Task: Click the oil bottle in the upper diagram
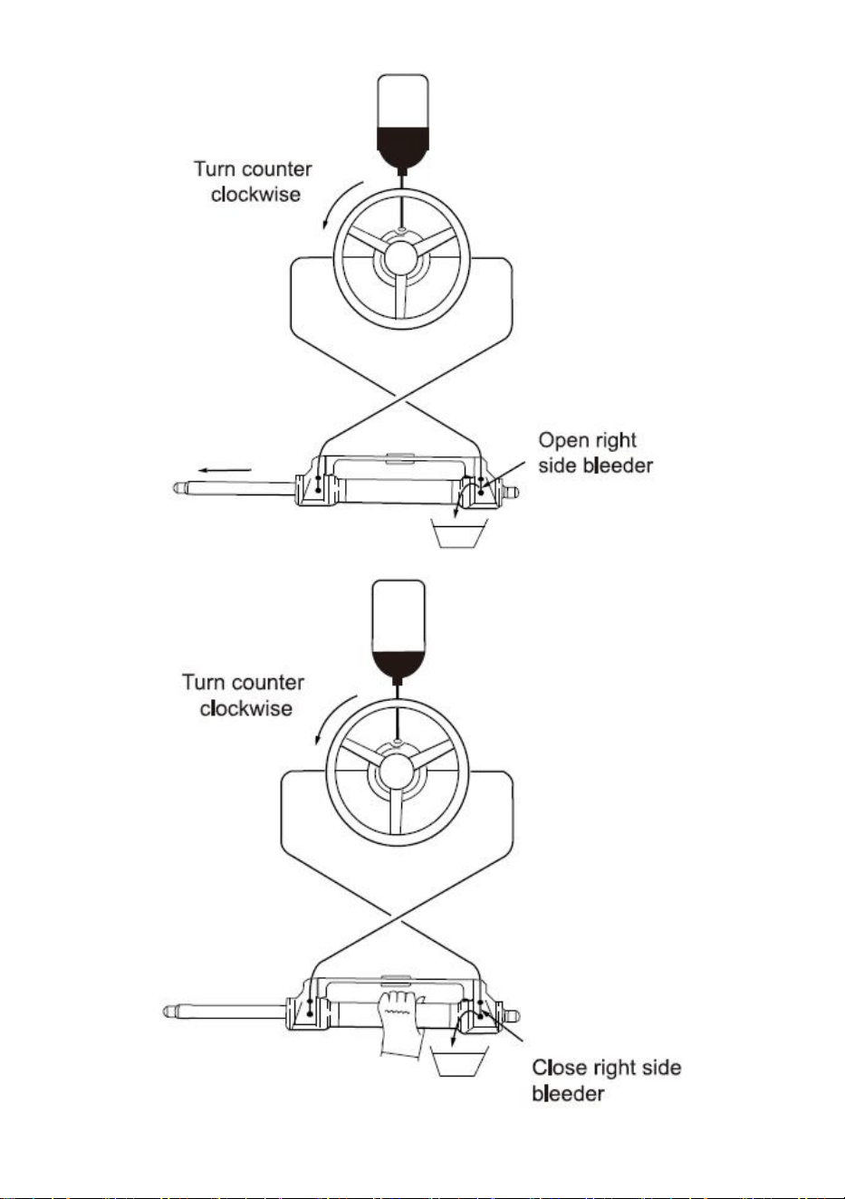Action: (403, 124)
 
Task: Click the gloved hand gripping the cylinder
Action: (400, 1022)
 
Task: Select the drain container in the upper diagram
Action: (459, 532)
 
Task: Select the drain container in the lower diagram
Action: (459, 1062)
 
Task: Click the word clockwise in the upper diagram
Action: (255, 195)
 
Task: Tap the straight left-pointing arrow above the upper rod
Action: (225, 471)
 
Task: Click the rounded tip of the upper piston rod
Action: (178, 488)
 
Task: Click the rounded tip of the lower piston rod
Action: (168, 1012)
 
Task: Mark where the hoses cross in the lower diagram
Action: (394, 919)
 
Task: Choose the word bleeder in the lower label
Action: (568, 1094)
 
